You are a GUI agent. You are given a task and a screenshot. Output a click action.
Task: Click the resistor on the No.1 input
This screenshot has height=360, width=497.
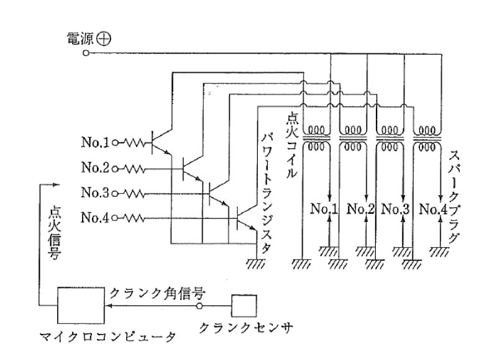pos(134,143)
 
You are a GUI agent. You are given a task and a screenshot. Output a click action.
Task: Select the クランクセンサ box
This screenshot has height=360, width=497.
pos(244,306)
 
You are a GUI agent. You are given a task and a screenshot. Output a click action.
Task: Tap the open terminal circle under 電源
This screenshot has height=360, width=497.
pos(86,54)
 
